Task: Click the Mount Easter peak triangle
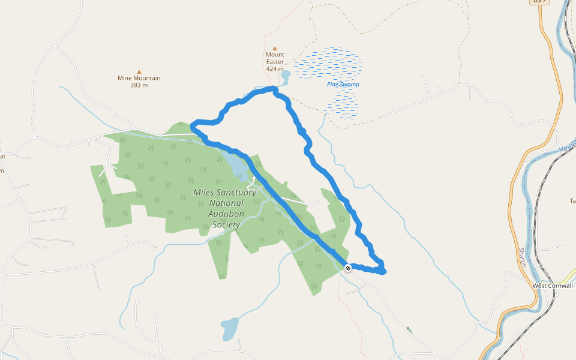(x=275, y=48)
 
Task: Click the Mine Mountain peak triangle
(x=139, y=71)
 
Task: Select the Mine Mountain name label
(x=139, y=78)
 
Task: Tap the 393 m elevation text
(x=139, y=85)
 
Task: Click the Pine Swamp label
(x=343, y=85)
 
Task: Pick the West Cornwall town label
(x=553, y=286)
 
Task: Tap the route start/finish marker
(x=348, y=268)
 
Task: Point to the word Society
(x=226, y=225)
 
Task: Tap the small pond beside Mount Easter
(x=285, y=77)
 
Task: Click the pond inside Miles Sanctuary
(x=233, y=161)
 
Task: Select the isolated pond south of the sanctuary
(x=229, y=328)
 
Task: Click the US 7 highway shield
(x=539, y=2)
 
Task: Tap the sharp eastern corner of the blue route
(x=383, y=272)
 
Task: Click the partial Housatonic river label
(x=567, y=144)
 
